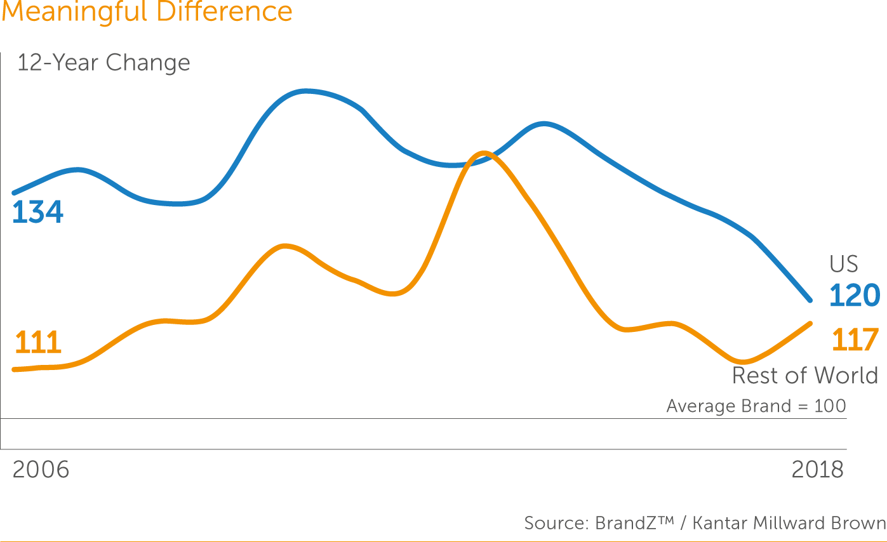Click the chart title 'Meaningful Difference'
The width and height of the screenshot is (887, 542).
point(147,11)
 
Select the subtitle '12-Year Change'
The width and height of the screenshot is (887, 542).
point(103,63)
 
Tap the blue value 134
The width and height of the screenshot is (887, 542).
point(38,213)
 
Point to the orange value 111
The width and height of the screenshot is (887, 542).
point(38,343)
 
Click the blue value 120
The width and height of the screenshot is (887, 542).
point(854,296)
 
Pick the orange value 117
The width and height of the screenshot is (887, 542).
point(855,341)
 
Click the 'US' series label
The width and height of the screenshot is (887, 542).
point(843,264)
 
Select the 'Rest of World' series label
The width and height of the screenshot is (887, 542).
point(804,375)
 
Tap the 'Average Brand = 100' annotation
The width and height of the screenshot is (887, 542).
point(756,406)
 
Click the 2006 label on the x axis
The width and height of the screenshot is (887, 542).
point(41,470)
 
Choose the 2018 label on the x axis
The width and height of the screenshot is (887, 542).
point(817,470)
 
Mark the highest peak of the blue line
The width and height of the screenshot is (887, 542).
point(307,91)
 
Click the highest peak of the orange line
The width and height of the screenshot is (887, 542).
point(484,153)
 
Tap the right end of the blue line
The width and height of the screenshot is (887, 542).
point(810,300)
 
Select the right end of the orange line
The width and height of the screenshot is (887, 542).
point(811,323)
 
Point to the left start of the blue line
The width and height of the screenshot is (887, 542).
point(14,192)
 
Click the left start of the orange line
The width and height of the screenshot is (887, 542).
point(14,369)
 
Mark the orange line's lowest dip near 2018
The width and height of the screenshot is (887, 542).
point(744,362)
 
